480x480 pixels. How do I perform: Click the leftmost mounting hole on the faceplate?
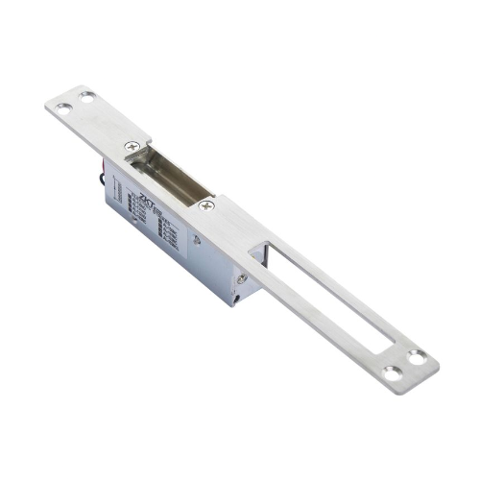[x=60, y=108]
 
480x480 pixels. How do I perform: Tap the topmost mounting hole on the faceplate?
[x=87, y=96]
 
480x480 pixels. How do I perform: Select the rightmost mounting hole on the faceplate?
[x=416, y=356]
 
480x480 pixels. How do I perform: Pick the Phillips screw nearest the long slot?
[x=205, y=204]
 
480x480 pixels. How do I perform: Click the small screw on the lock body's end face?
[x=242, y=279]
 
